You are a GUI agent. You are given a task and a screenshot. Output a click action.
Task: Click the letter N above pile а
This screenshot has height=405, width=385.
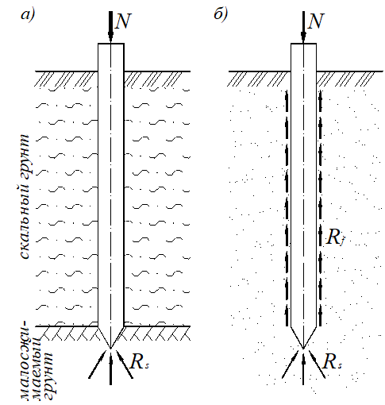click(x=123, y=21)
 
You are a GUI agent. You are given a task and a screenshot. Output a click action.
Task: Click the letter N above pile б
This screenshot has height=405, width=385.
click(x=316, y=21)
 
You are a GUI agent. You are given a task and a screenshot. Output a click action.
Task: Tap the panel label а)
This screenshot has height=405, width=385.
click(x=28, y=15)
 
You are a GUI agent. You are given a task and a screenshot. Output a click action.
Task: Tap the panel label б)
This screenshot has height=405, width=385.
click(x=221, y=14)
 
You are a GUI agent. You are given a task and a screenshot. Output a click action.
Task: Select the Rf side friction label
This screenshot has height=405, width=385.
click(x=335, y=237)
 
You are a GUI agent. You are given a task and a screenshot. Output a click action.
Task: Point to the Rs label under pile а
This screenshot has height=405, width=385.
click(x=140, y=361)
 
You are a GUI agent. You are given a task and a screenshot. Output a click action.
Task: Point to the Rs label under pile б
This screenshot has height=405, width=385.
click(x=333, y=361)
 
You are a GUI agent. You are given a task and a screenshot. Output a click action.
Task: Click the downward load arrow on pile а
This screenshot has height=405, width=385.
click(x=110, y=27)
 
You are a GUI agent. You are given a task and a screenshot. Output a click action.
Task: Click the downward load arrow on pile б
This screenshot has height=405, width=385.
click(x=303, y=27)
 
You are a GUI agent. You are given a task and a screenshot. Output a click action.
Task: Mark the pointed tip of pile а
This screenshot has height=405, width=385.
click(x=110, y=348)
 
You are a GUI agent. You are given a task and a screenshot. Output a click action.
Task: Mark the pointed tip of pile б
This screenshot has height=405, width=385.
click(x=303, y=348)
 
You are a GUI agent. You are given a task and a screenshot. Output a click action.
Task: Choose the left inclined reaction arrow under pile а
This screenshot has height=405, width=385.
click(x=98, y=364)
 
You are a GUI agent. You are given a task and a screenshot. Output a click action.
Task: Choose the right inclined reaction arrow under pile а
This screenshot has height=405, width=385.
click(x=124, y=364)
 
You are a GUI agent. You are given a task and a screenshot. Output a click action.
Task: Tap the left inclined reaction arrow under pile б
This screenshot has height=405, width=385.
click(x=291, y=364)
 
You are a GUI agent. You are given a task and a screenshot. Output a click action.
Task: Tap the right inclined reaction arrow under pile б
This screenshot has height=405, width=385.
click(x=317, y=364)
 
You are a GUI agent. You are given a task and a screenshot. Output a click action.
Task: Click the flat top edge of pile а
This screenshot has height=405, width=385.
click(x=111, y=44)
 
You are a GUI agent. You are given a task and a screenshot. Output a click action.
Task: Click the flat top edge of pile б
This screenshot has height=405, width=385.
click(x=303, y=44)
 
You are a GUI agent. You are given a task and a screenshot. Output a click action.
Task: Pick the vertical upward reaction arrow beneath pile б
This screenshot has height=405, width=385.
click(x=303, y=368)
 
